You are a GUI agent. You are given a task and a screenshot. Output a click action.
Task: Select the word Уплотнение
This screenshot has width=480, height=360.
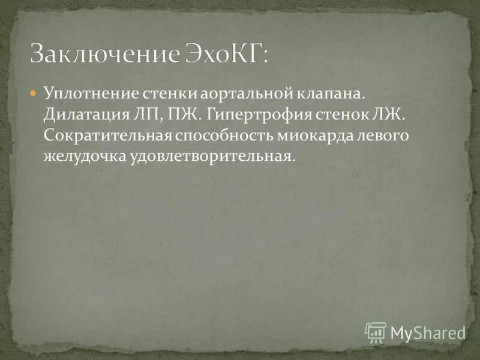point(91,95)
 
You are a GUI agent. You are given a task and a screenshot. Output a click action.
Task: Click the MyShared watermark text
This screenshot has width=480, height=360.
point(428,332)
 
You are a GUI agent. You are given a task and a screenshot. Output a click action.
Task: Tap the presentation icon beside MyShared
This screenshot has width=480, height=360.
point(376,332)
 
